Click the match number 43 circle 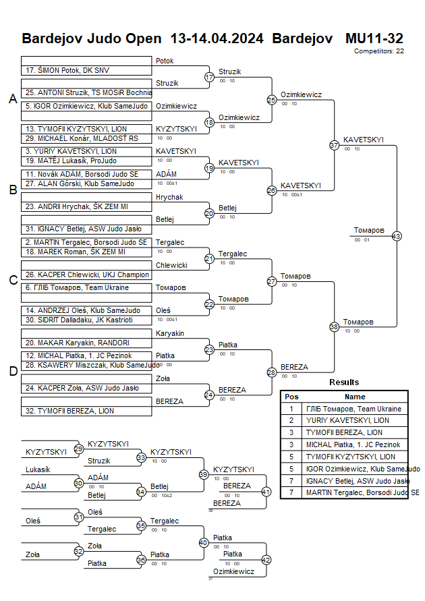coord(397,236)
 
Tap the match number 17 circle coord(209,77)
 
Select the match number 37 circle coord(334,145)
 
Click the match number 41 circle coord(266,492)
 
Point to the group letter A coord(12,99)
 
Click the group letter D coord(12,370)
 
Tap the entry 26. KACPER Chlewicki coord(78,275)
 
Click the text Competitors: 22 coord(378,51)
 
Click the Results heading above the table coord(344,382)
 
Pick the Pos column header coord(291,397)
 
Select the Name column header coord(355,397)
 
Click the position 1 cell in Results coord(291,409)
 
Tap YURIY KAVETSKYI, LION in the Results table coord(348,420)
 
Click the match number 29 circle coord(79,449)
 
